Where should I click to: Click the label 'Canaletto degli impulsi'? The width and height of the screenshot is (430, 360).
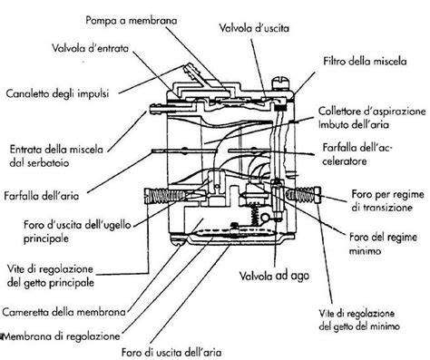[57, 92]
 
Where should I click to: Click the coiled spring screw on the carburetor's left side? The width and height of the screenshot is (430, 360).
[156, 192]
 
